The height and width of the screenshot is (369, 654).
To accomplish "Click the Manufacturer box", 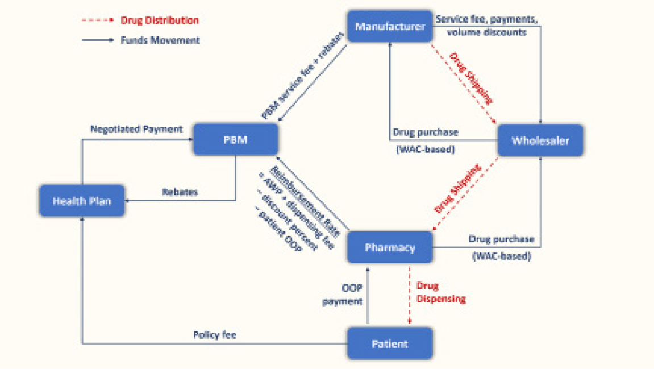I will pyautogui.click(x=390, y=26).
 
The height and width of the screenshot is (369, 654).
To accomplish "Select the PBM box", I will pyautogui.click(x=235, y=140).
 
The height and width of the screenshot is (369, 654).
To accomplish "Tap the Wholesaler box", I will pyautogui.click(x=540, y=140).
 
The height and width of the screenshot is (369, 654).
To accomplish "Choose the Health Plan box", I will pyautogui.click(x=82, y=200).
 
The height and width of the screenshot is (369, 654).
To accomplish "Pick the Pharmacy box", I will pyautogui.click(x=390, y=247).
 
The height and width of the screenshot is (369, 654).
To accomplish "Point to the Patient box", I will pyautogui.click(x=390, y=344).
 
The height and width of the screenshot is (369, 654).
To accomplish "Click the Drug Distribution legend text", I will pyautogui.click(x=160, y=20).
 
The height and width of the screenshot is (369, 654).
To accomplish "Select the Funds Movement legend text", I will pyautogui.click(x=160, y=40).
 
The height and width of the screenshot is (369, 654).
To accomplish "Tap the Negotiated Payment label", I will pyautogui.click(x=136, y=130).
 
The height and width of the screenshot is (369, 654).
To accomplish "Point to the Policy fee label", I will pyautogui.click(x=214, y=335).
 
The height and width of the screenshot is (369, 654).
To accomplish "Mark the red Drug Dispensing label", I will pyautogui.click(x=441, y=291).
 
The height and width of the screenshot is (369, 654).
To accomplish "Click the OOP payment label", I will pyautogui.click(x=343, y=295).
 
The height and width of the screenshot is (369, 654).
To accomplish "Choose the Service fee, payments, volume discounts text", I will pyautogui.click(x=486, y=26).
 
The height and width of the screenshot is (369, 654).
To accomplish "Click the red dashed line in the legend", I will pyautogui.click(x=97, y=21).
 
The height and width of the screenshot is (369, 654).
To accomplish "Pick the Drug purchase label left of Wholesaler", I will pyautogui.click(x=426, y=132).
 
